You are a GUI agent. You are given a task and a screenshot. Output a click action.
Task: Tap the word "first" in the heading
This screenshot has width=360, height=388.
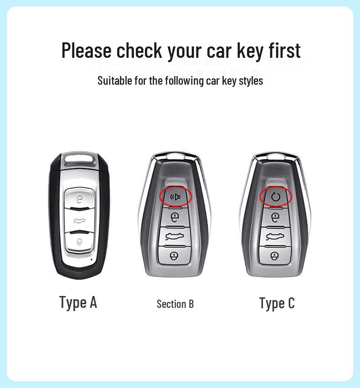284,50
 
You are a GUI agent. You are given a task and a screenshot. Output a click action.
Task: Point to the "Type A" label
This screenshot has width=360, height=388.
78,302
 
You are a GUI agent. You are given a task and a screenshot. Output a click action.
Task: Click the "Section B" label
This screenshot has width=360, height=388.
175,304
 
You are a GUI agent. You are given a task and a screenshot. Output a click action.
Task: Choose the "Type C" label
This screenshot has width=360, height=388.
277,303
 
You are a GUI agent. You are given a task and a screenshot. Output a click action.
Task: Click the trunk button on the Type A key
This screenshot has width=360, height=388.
80,221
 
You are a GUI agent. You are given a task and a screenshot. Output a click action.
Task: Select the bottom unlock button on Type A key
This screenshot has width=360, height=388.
80,242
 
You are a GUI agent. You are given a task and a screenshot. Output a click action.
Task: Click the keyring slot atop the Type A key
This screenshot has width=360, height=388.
79,162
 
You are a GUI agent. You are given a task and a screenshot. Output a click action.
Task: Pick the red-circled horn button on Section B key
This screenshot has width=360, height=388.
175,196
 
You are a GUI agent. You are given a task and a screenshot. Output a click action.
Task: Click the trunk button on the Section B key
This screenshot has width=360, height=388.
175,236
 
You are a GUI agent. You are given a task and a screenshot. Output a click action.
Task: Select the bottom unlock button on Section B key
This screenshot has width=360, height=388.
175,255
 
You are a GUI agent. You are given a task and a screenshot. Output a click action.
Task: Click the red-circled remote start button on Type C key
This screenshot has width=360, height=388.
275,196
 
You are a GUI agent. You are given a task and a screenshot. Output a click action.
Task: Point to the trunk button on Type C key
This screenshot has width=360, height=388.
275,236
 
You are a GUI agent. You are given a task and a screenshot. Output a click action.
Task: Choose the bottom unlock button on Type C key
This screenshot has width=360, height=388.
275,255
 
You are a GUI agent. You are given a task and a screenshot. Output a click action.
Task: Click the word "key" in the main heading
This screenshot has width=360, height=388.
248,51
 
